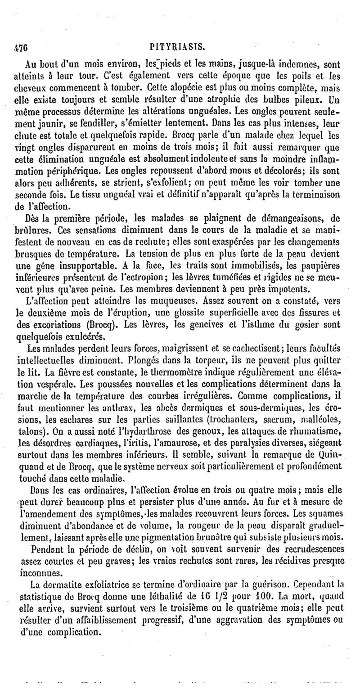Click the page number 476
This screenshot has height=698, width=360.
pyautogui.click(x=21, y=46)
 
